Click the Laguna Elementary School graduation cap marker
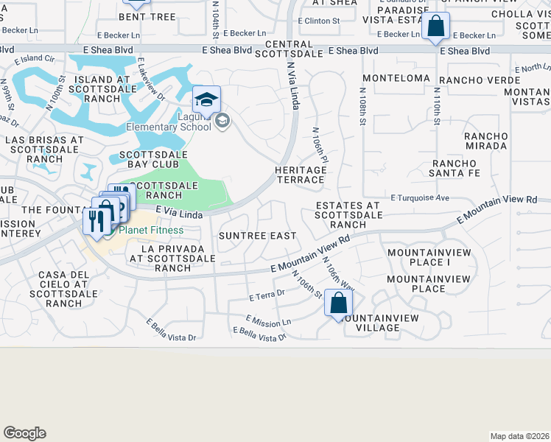pos(207,100)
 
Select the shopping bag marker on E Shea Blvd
pos(436,27)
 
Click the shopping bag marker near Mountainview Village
pos(338,303)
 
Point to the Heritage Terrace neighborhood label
pos(301,175)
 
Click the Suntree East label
pos(258,236)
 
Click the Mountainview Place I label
pos(418,257)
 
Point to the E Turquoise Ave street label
pos(420,198)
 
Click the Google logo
pos(24,433)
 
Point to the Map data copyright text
pos(519,436)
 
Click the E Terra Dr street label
pos(267,296)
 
